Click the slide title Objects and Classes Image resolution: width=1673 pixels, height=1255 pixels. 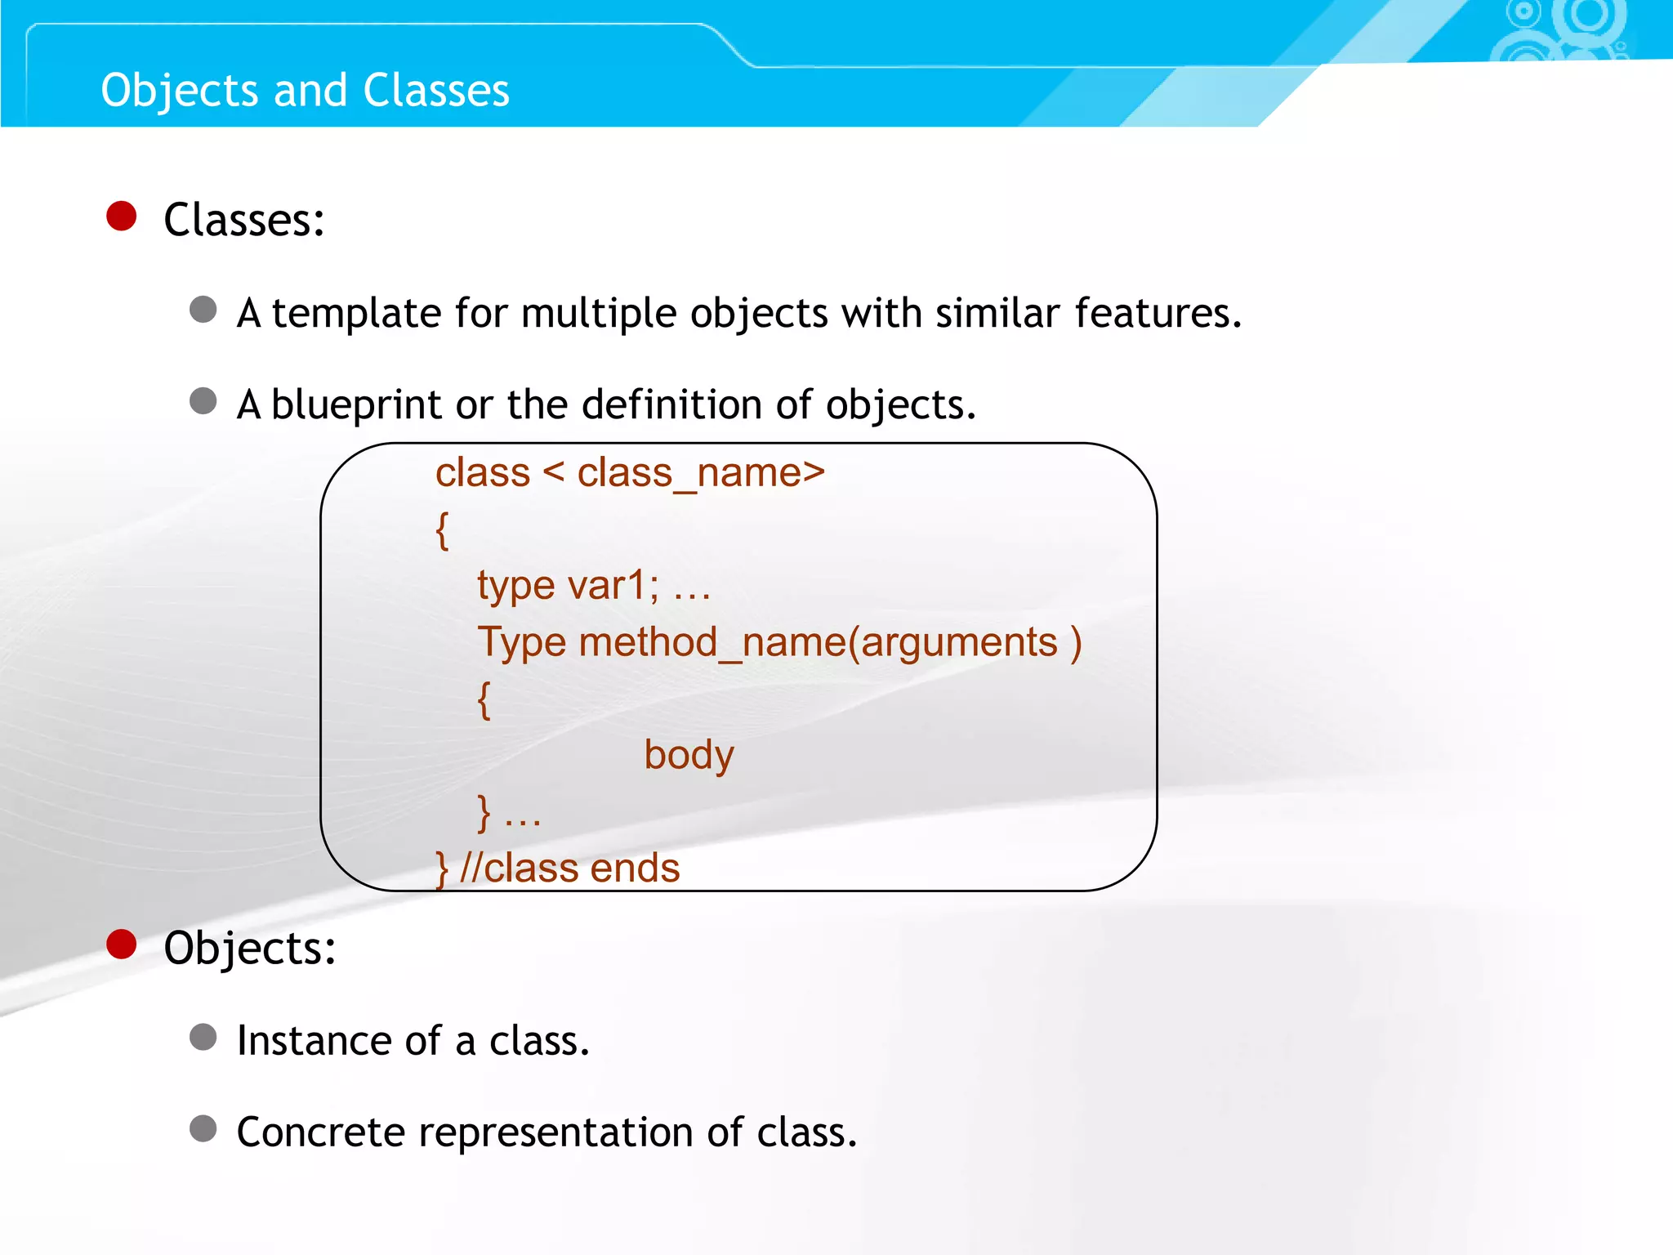point(305,90)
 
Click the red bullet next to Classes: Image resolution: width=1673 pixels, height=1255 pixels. point(122,217)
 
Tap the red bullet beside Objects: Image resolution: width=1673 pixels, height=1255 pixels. point(122,945)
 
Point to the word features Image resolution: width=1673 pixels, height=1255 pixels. point(1157,313)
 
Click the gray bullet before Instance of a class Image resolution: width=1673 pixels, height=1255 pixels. point(203,1038)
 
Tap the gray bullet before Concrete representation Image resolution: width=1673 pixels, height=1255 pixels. point(203,1129)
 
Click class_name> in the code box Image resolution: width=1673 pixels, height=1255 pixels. point(701,473)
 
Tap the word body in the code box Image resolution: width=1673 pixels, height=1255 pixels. point(689,755)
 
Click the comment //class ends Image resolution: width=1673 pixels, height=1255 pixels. point(569,868)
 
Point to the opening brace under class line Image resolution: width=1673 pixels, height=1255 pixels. point(442,530)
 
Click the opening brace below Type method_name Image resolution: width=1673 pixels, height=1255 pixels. point(484,700)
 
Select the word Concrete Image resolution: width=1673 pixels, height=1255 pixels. point(320,1132)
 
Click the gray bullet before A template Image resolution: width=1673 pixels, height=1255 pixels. point(203,310)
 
